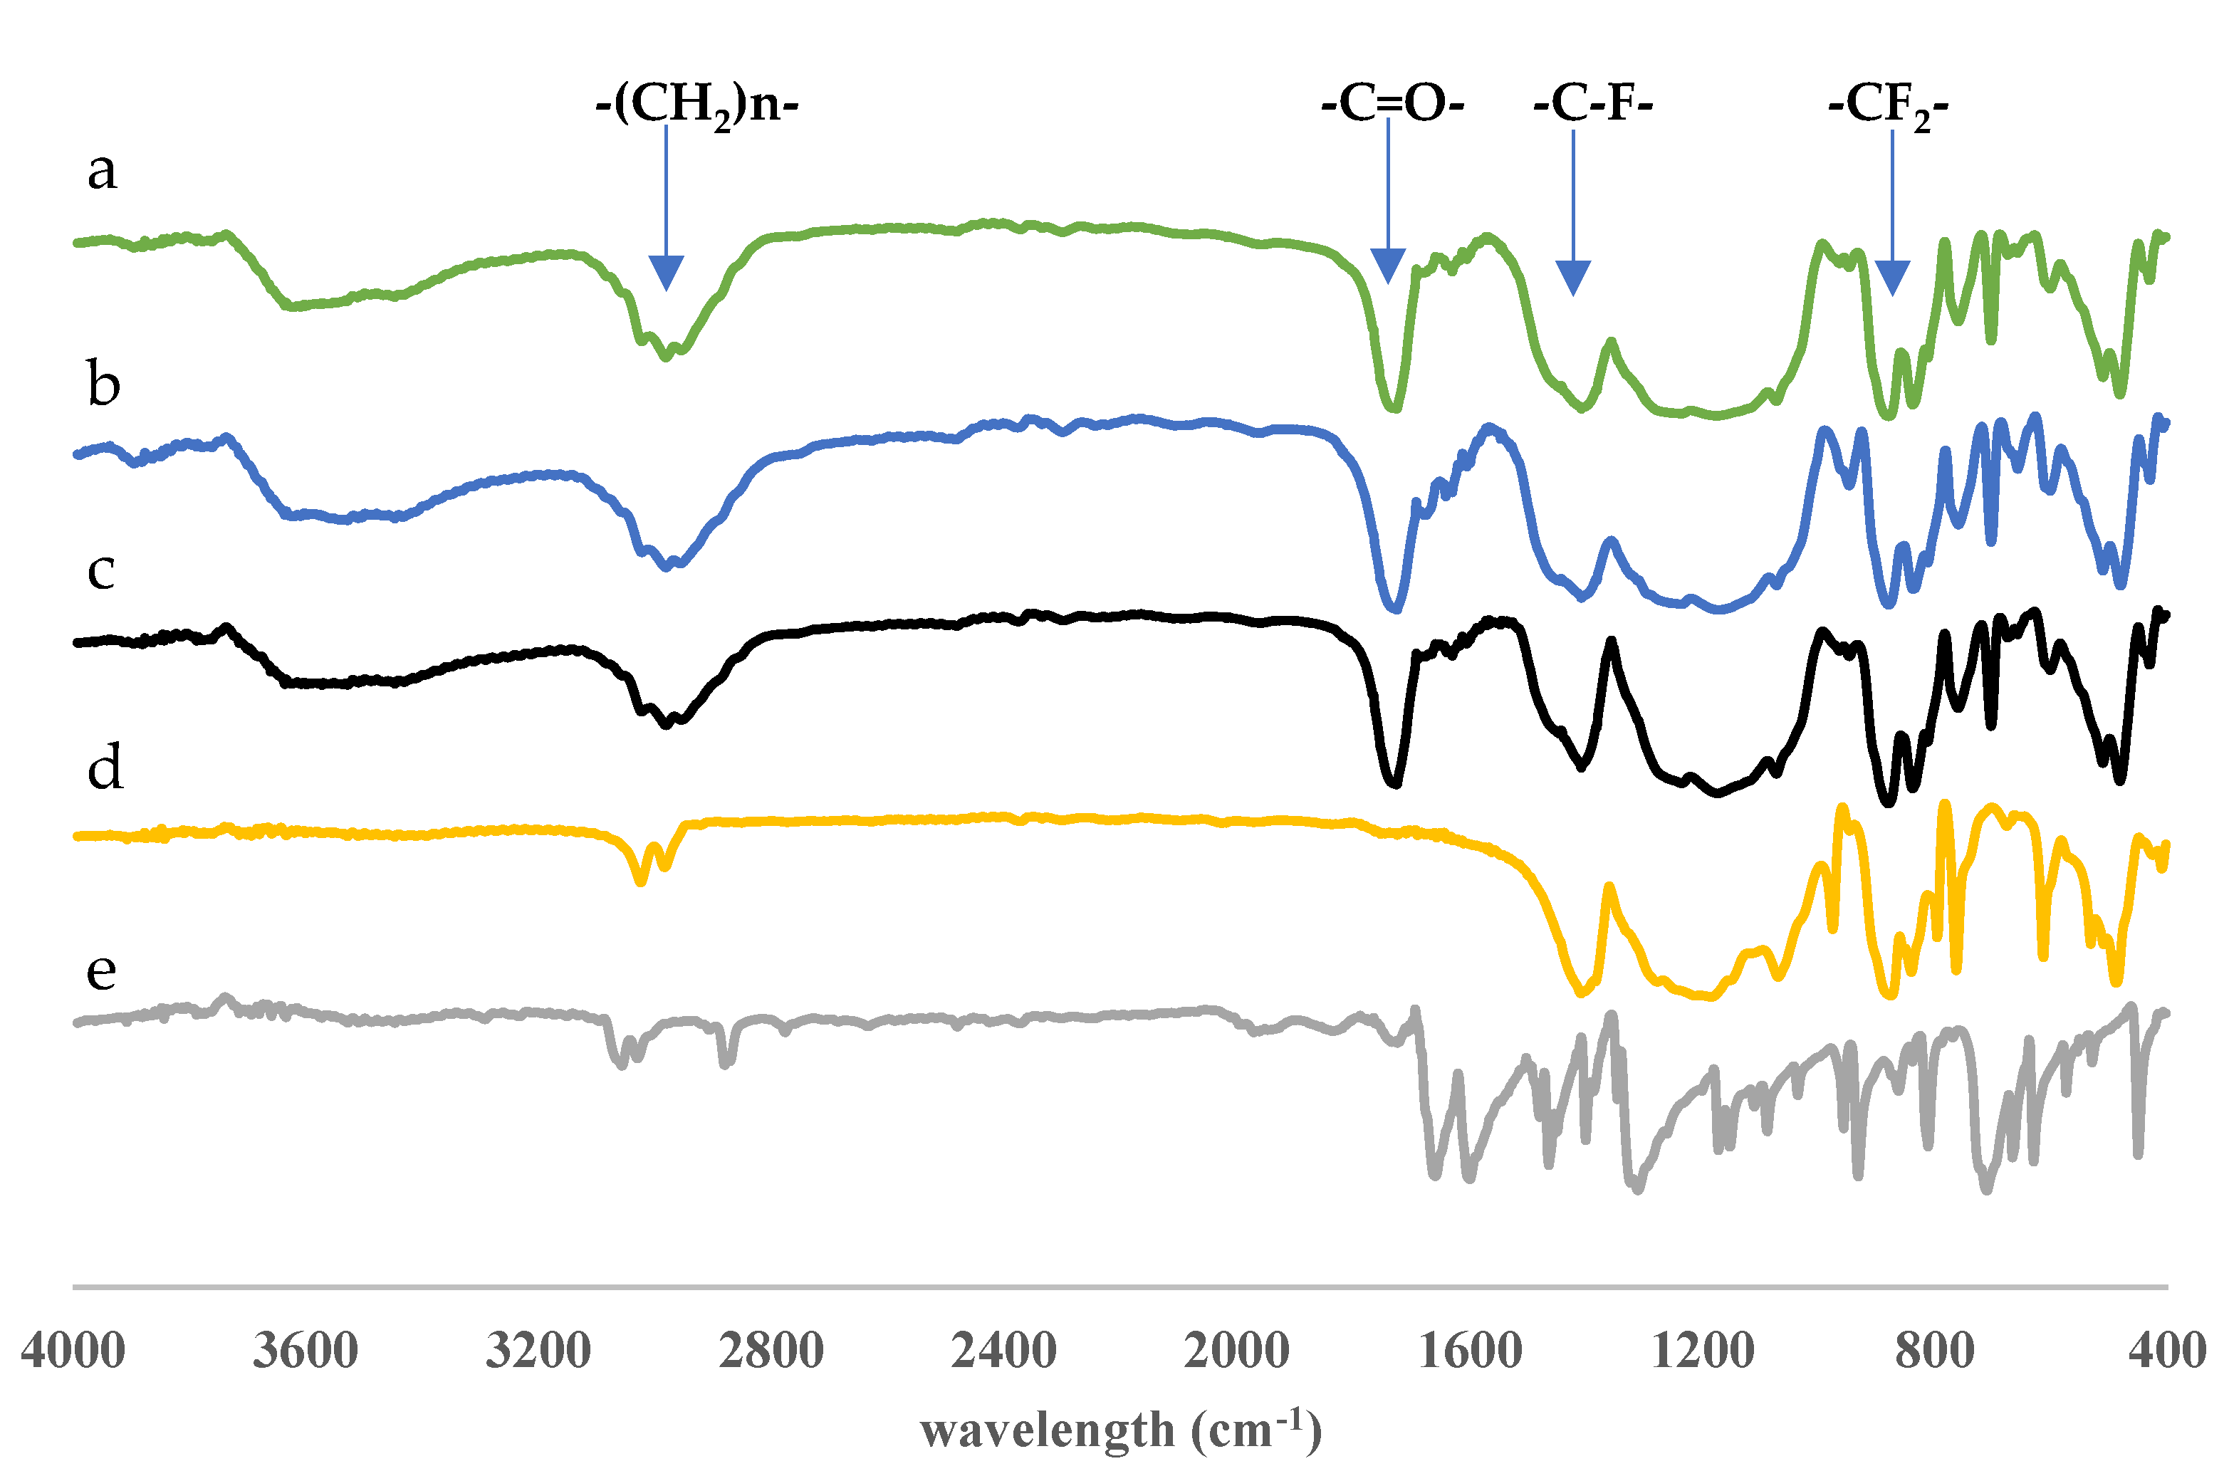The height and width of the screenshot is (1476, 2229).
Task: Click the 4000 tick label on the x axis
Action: tap(73, 1351)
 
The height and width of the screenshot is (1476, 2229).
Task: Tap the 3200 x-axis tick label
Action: tap(538, 1351)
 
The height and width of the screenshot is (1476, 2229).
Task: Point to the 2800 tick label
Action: tap(771, 1351)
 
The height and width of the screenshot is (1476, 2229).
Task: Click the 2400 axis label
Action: tap(1003, 1351)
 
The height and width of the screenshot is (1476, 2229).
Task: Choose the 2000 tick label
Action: tap(1236, 1351)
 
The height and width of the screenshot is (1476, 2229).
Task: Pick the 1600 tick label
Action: tap(1469, 1351)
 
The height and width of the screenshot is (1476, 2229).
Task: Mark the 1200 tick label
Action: tap(1702, 1351)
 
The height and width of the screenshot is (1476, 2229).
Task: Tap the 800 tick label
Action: tap(1934, 1351)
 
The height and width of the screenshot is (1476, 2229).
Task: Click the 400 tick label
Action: tap(2168, 1351)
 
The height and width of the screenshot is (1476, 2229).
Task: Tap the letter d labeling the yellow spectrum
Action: tap(105, 767)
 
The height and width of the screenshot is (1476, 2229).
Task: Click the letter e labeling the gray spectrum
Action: tap(102, 970)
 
